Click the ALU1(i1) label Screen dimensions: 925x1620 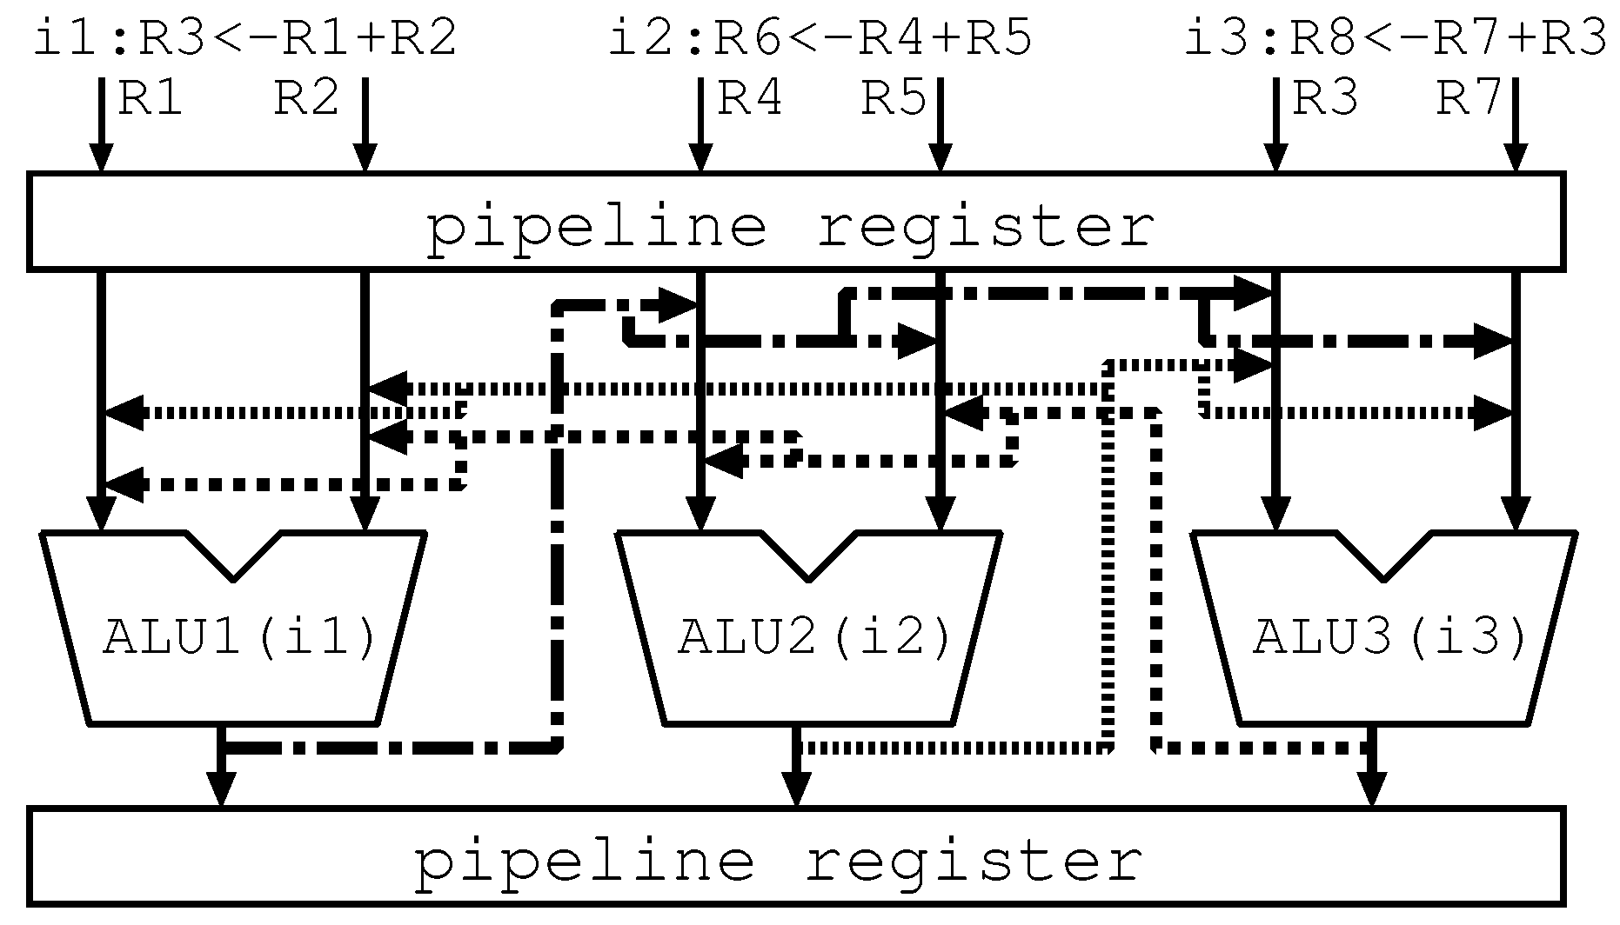point(240,639)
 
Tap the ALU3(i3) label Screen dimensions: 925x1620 point(1390,639)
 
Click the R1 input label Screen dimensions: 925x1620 point(150,99)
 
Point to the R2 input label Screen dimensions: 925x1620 point(306,99)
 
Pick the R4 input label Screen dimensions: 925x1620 point(749,99)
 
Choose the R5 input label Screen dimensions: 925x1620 point(894,99)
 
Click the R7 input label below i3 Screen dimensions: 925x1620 point(1468,99)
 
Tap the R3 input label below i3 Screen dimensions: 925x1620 point(1324,99)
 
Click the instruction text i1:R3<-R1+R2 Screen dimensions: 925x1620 point(244,40)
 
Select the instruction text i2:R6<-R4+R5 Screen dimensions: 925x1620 point(820,40)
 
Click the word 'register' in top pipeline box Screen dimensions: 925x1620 point(986,228)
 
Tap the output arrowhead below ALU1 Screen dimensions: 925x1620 point(222,791)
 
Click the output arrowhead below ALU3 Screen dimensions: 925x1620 point(1372,791)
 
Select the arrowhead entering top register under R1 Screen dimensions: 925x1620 point(101,159)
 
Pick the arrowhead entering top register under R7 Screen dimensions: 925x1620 point(1516,159)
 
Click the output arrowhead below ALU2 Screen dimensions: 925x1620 point(796,791)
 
